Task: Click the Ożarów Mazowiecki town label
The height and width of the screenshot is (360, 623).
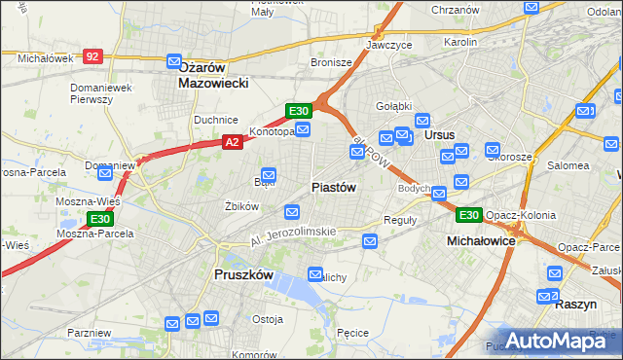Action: tap(213, 75)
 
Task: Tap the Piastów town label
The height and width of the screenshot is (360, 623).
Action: tap(333, 187)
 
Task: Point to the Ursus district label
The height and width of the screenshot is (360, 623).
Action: tap(440, 134)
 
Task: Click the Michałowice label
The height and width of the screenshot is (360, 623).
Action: tap(479, 239)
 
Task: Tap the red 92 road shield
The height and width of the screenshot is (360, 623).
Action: tap(92, 57)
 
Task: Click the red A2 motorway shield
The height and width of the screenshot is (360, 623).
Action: tap(232, 143)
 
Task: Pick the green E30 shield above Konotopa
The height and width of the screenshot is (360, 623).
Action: tap(298, 111)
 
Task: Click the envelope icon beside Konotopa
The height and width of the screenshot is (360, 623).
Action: tap(303, 129)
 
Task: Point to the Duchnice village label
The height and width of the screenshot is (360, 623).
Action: tap(215, 120)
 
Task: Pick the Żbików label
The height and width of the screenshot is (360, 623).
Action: tap(240, 206)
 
